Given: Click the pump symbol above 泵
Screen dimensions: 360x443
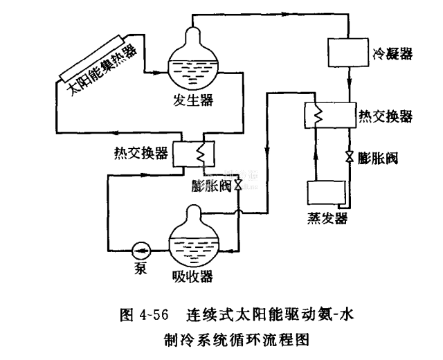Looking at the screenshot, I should (x=141, y=248).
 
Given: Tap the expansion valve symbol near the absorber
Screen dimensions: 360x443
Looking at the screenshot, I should (x=237, y=185).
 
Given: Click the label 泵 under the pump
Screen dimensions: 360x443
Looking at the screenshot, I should (x=140, y=265).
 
